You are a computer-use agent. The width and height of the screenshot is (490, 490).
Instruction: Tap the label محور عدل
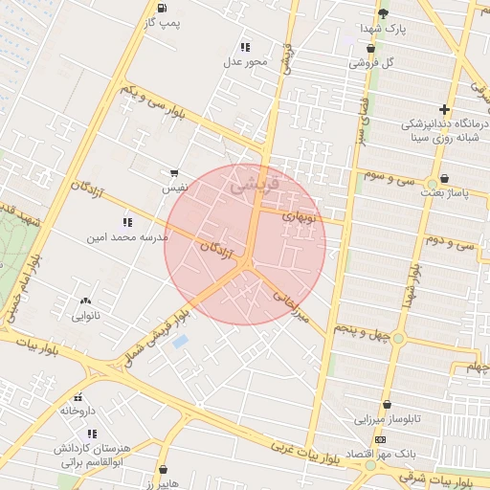[x=246, y=61]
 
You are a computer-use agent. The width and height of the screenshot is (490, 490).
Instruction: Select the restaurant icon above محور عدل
[x=245, y=46]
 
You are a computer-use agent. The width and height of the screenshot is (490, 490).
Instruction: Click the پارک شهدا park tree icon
[x=383, y=13]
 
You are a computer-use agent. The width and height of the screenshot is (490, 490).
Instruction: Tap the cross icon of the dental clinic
[x=443, y=109]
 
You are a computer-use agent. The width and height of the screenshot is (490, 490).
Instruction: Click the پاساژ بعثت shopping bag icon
[x=445, y=178]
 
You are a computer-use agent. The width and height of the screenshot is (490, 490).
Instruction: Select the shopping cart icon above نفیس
[x=173, y=173]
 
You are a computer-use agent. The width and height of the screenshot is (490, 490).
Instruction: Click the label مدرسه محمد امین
[x=127, y=235]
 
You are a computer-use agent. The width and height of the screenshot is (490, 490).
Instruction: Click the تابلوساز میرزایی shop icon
[x=387, y=405]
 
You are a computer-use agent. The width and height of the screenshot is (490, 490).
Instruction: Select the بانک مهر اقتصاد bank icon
[x=381, y=439]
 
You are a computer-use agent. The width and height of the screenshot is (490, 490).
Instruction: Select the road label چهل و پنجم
[x=363, y=327]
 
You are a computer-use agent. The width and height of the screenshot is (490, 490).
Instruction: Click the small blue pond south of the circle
[x=180, y=341]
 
